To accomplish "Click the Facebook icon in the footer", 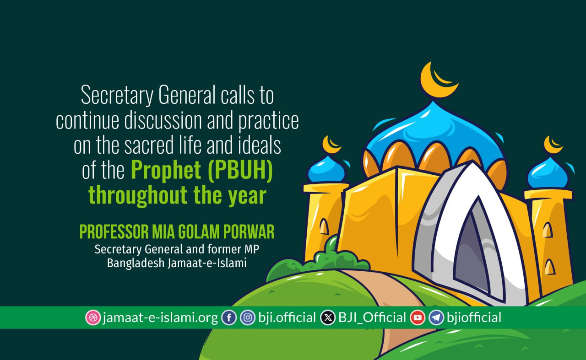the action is (x=229, y=317).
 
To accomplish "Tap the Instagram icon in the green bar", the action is (x=248, y=317).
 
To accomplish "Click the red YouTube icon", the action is (x=418, y=317).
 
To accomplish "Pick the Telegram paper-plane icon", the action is (x=436, y=317).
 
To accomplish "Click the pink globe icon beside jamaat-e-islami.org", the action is (x=93, y=317).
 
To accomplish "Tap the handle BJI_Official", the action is (x=372, y=318).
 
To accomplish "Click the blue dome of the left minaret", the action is (x=326, y=170).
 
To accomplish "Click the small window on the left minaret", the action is (x=324, y=226).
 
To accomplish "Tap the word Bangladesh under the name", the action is (x=136, y=263).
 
